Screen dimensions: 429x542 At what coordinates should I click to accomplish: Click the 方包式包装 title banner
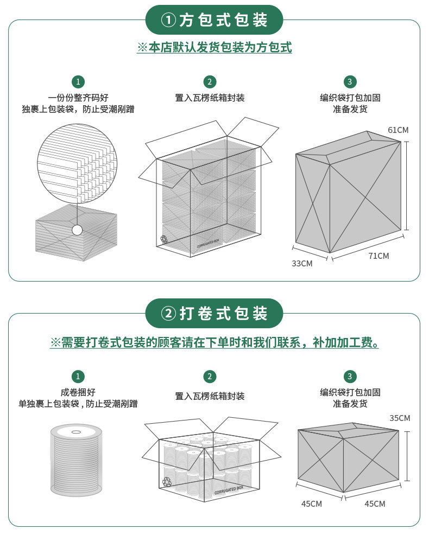pyautogui.click(x=214, y=20)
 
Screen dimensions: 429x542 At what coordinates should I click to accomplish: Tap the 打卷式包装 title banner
pyautogui.click(x=214, y=313)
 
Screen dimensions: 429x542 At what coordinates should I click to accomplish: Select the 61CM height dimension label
pyautogui.click(x=398, y=130)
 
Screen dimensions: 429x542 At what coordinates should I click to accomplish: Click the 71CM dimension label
pyautogui.click(x=378, y=256)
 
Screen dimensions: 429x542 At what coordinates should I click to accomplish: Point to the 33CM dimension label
pyautogui.click(x=302, y=263)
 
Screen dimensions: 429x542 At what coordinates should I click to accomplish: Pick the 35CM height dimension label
pyautogui.click(x=400, y=418)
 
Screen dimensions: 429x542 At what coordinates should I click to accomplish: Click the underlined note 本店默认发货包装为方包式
pyautogui.click(x=214, y=47)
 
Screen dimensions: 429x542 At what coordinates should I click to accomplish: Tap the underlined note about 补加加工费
pyautogui.click(x=214, y=342)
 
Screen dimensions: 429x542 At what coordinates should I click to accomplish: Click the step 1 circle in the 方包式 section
pyautogui.click(x=78, y=81)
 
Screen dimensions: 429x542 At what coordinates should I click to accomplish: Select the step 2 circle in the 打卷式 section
pyautogui.click(x=210, y=377)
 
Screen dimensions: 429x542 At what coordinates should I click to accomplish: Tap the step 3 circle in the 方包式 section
pyautogui.click(x=350, y=81)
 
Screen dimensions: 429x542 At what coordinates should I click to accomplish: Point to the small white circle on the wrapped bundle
pyautogui.click(x=77, y=230)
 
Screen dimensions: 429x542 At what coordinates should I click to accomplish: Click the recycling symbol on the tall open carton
pyautogui.click(x=163, y=239)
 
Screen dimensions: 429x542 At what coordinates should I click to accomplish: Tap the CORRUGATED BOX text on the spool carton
pyautogui.click(x=229, y=490)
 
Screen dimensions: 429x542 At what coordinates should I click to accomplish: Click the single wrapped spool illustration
pyautogui.click(x=77, y=460)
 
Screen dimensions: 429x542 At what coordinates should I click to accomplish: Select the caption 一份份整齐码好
pyautogui.click(x=78, y=98)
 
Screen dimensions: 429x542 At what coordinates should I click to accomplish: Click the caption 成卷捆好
pyautogui.click(x=78, y=392)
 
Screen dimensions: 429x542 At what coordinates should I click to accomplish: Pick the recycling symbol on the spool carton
pyautogui.click(x=167, y=482)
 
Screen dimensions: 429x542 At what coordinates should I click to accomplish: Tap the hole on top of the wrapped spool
pyautogui.click(x=76, y=432)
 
